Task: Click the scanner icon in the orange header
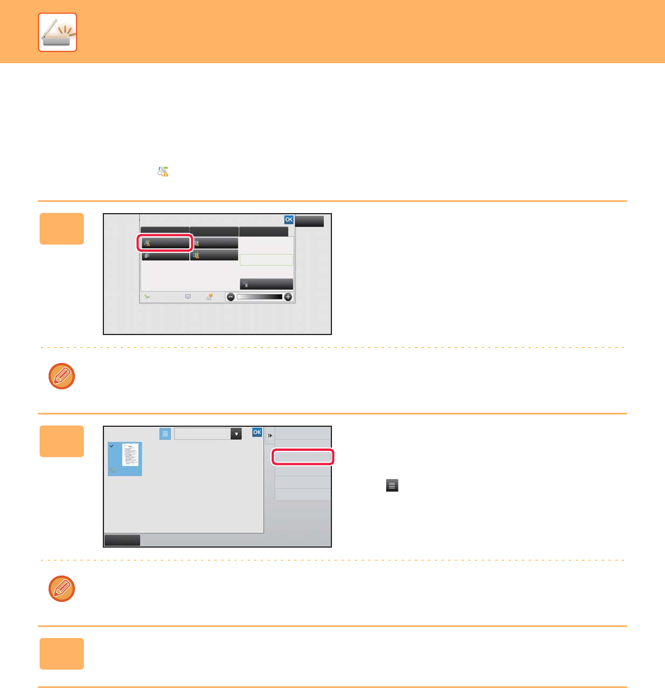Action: (58, 32)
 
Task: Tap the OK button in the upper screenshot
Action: (288, 220)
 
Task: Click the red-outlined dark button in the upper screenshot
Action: (165, 243)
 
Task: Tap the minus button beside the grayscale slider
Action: (231, 297)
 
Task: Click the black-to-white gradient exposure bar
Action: (259, 297)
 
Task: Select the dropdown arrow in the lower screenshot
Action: (236, 433)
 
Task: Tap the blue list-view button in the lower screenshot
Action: (165, 433)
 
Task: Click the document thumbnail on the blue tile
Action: (130, 455)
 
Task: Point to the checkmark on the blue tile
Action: (112, 446)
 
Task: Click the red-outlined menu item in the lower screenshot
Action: (303, 457)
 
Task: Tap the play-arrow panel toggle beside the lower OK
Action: (270, 436)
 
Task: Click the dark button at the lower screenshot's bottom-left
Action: (122, 540)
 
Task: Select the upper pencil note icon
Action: (61, 376)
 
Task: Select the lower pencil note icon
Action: (61, 588)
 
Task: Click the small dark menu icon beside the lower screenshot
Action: (392, 485)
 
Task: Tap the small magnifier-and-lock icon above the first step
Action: (163, 172)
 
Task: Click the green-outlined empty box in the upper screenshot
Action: (267, 260)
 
